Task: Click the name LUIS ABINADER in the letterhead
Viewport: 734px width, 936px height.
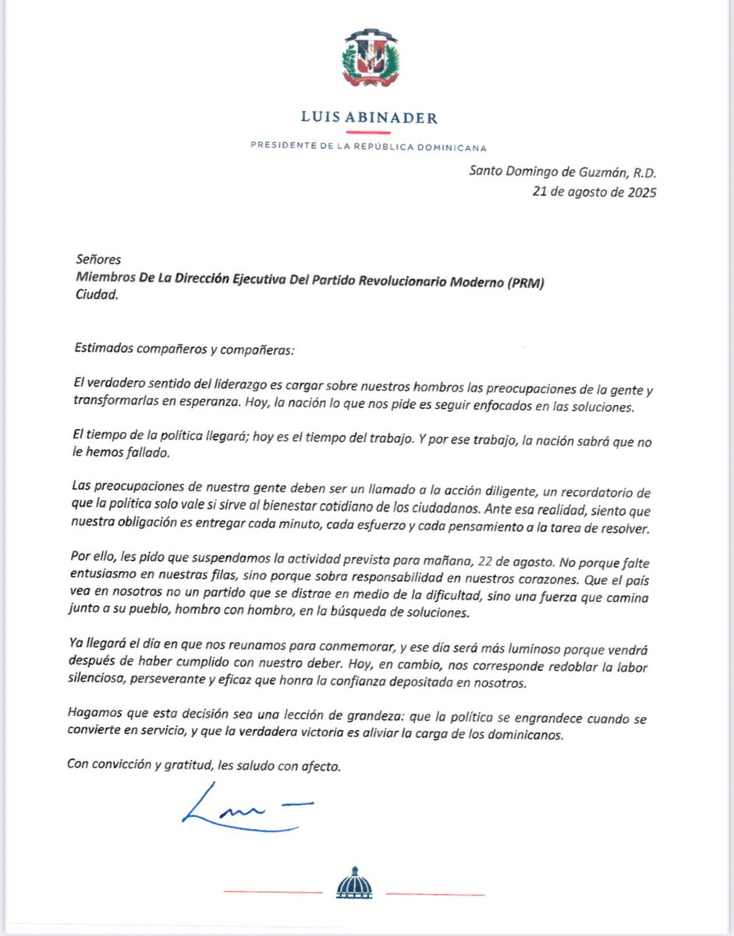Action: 369,119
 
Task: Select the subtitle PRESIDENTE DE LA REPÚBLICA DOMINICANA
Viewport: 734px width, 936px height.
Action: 369,147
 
